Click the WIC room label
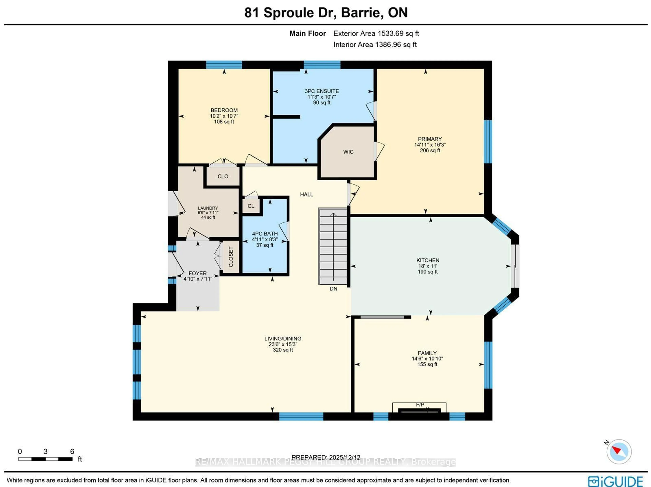click(x=348, y=152)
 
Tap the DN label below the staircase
click(x=333, y=288)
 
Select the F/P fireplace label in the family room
click(x=420, y=405)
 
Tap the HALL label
click(x=306, y=194)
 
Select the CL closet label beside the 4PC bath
click(x=251, y=206)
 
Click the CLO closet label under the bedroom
click(x=223, y=176)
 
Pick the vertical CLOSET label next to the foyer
click(x=231, y=257)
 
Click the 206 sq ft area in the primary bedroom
click(x=430, y=150)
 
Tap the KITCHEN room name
click(x=428, y=260)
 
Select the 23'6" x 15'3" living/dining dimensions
click(x=283, y=344)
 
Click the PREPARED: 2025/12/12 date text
click(x=326, y=457)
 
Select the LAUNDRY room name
click(x=208, y=208)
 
